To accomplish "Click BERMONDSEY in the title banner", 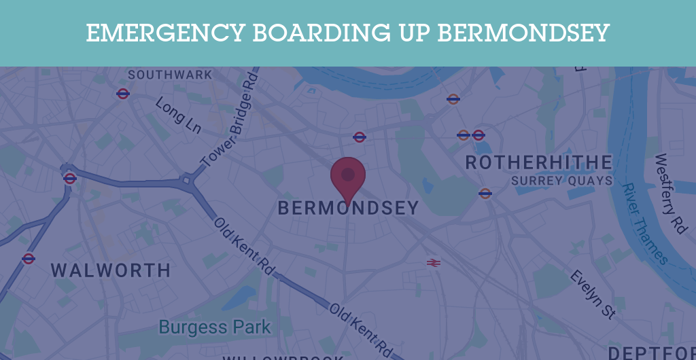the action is [523, 33].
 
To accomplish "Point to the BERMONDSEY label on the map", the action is [348, 209].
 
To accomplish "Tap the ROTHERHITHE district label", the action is [538, 163].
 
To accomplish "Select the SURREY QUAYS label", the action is [562, 181].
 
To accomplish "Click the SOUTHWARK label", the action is [170, 75].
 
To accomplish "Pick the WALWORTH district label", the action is [111, 270].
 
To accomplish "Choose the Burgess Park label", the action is [215, 327].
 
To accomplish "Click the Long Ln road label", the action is [178, 115].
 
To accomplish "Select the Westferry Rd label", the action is [670, 194].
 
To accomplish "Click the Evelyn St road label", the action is [593, 294].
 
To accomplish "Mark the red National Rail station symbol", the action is [433, 262].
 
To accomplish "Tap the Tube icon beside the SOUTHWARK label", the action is [123, 94].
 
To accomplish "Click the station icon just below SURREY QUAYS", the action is [485, 194].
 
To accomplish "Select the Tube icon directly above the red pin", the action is [360, 137].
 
